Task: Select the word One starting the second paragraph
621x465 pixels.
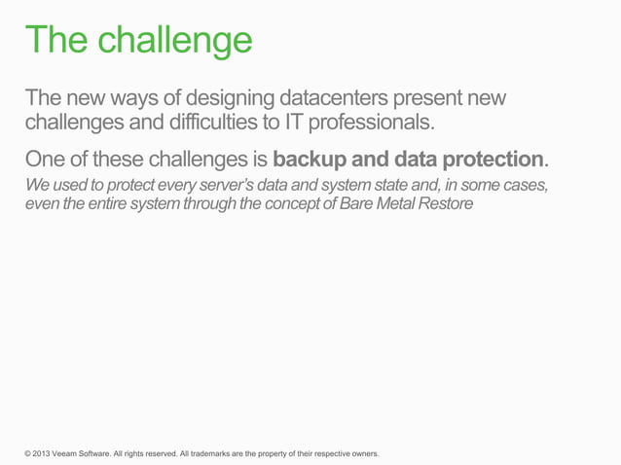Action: pyautogui.click(x=46, y=159)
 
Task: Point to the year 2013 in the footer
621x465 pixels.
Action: pyautogui.click(x=44, y=453)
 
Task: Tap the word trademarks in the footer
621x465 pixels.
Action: pyautogui.click(x=216, y=453)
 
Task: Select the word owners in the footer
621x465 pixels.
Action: pyautogui.click(x=360, y=453)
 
